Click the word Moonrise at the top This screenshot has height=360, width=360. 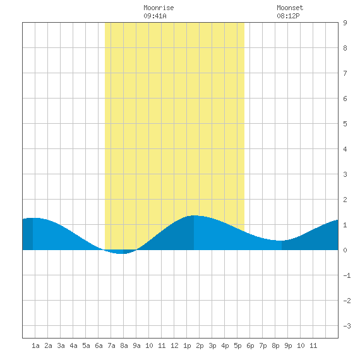click(x=159, y=8)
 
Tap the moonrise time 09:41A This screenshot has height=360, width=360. click(x=155, y=16)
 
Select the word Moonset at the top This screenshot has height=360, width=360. click(x=290, y=8)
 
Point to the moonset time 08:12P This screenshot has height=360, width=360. click(x=288, y=16)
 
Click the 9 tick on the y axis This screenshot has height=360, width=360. click(x=345, y=23)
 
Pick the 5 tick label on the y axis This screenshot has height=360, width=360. click(x=345, y=124)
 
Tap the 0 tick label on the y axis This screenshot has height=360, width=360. click(x=345, y=250)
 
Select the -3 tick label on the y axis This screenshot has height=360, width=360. click(x=347, y=326)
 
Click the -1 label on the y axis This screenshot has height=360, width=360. click(x=347, y=275)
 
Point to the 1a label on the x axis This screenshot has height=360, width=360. click(x=35, y=345)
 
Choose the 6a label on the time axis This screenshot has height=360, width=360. click(x=99, y=345)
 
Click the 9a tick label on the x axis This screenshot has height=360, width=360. click(x=136, y=345)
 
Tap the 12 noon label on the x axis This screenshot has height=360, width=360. click(x=174, y=345)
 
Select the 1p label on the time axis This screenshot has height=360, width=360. click(x=187, y=345)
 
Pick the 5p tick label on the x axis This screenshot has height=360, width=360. click(x=237, y=345)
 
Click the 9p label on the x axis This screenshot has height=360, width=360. click(x=288, y=345)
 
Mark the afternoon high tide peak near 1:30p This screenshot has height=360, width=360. click(x=194, y=215)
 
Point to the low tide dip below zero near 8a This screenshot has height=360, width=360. click(x=120, y=253)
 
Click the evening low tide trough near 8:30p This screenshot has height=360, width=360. click(x=280, y=241)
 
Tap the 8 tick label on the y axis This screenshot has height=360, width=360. click(x=345, y=48)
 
